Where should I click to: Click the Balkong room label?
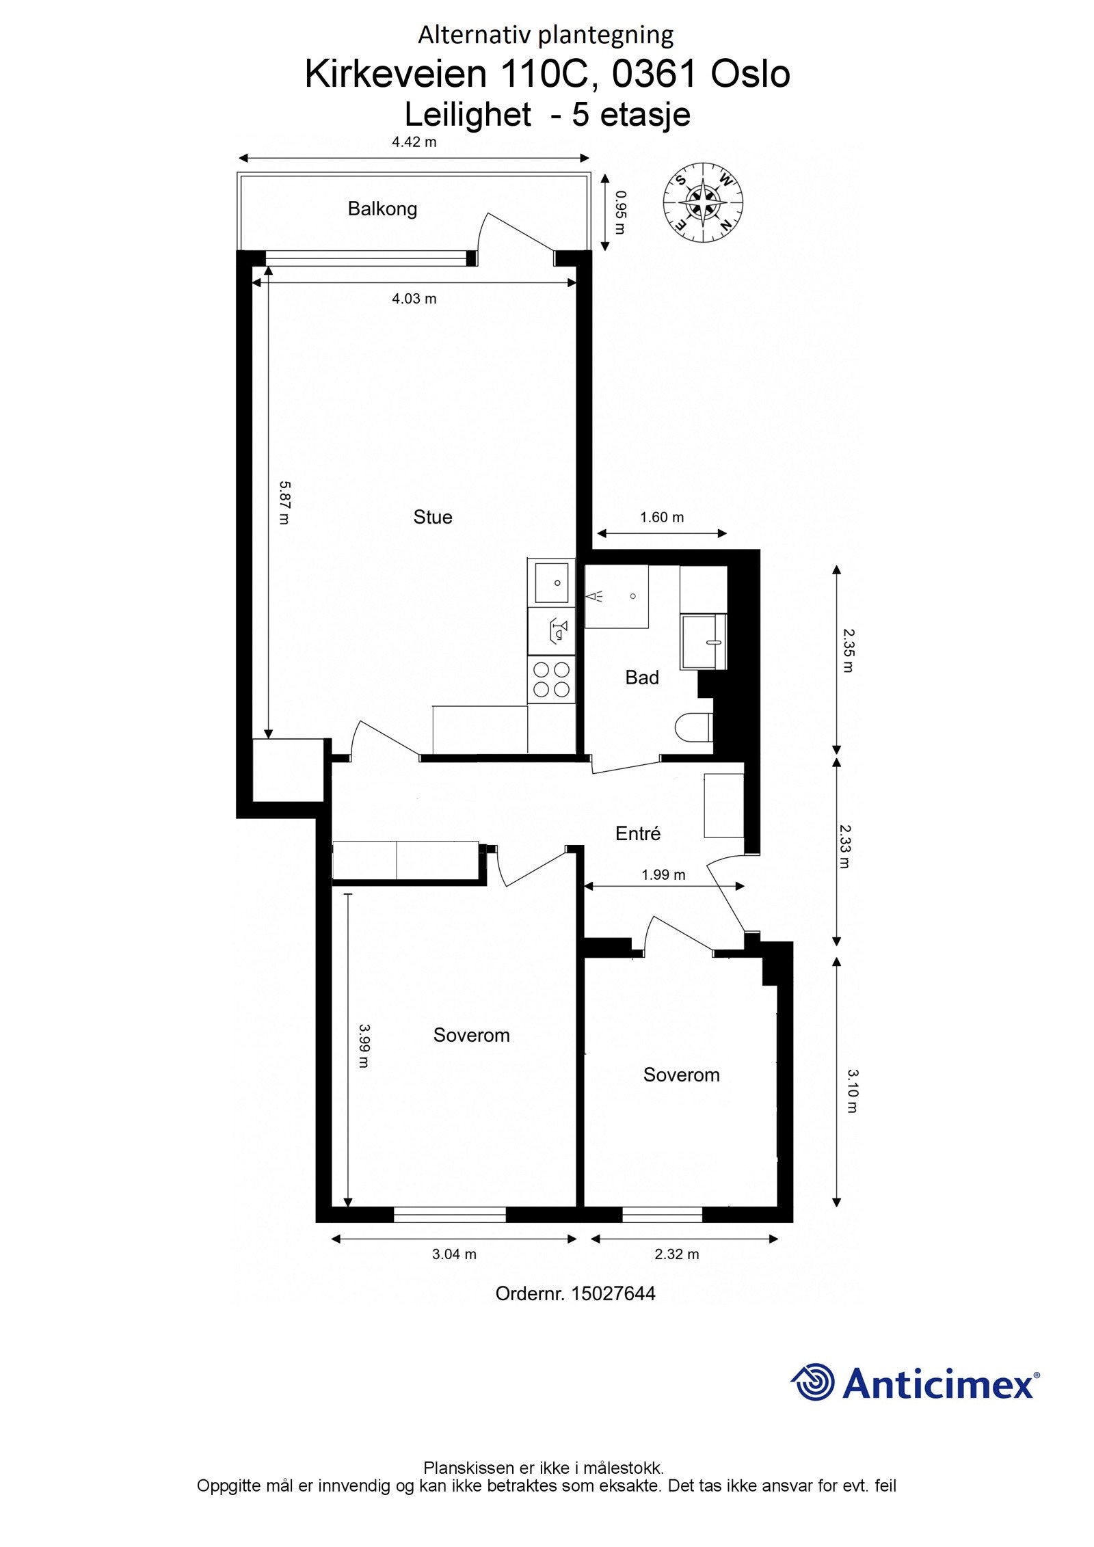[x=382, y=208]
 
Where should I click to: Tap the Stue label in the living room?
[x=432, y=517]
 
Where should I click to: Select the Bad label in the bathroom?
[x=642, y=677]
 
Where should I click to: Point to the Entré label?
[x=638, y=833]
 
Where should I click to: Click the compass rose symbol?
[x=703, y=204]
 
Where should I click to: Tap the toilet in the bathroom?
[x=693, y=727]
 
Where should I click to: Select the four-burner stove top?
[x=551, y=679]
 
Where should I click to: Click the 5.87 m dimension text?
[x=285, y=502]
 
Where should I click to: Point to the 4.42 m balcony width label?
[x=414, y=142]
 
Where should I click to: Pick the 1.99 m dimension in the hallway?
[x=663, y=874]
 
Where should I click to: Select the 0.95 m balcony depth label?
[x=619, y=212]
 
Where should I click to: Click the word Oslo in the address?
[x=750, y=75]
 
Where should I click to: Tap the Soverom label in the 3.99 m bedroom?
[x=471, y=1034]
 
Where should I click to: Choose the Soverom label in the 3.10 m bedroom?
[x=681, y=1074]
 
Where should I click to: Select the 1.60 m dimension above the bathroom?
[x=662, y=517]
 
